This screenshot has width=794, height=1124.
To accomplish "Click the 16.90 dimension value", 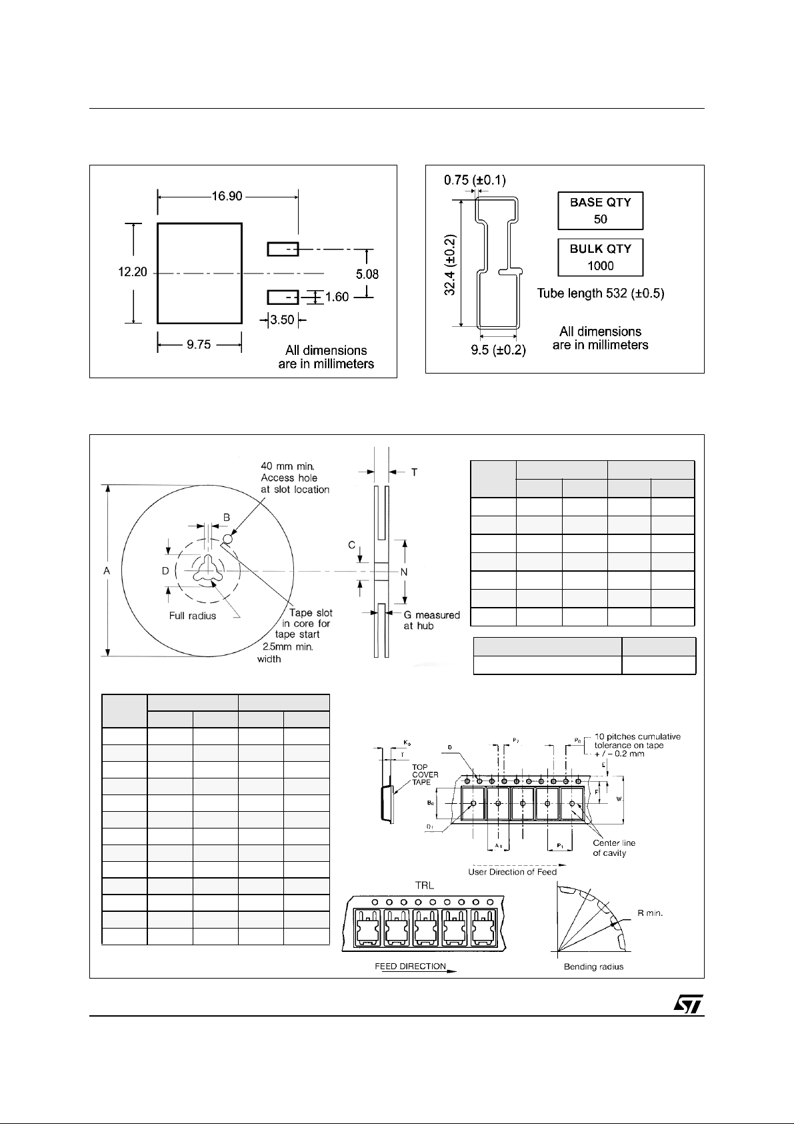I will [227, 197].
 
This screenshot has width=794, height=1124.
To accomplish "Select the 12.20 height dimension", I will [133, 273].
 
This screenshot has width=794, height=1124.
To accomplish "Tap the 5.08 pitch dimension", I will [368, 273].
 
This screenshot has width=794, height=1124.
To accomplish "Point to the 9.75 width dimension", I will [199, 345].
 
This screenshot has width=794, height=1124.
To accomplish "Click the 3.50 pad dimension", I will [283, 320].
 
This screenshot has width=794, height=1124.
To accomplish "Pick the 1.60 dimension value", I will [337, 297].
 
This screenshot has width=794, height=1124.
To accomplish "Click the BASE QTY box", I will [600, 210].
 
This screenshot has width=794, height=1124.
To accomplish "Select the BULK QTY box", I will [600, 257].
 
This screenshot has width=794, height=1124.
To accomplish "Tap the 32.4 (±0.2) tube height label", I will [451, 265].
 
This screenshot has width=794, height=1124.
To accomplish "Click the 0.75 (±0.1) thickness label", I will [475, 179].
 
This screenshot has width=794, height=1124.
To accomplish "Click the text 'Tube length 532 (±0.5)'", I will [601, 294].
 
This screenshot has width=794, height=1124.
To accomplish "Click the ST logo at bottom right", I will [686, 1005].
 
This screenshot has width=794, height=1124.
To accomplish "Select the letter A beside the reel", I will [107, 571].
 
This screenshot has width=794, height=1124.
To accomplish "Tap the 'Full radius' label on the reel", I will [192, 616].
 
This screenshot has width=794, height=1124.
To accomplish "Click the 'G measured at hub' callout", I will [431, 620].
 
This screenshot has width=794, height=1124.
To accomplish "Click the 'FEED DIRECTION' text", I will [409, 967].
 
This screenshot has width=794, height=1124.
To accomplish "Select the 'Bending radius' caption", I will [593, 967].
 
